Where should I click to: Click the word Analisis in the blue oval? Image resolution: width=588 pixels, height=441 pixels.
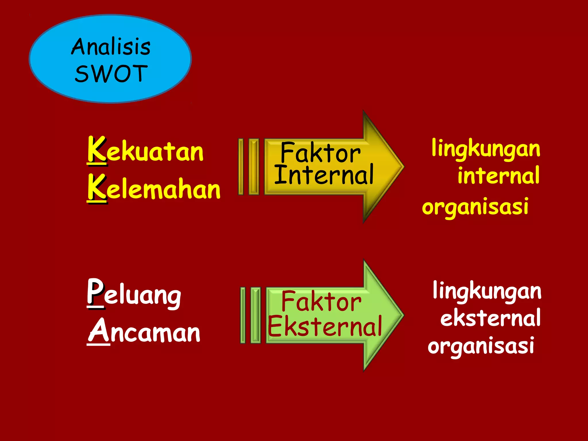111,47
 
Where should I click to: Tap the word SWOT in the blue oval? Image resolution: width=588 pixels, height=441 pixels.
111,73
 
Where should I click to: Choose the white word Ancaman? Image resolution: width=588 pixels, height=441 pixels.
144,332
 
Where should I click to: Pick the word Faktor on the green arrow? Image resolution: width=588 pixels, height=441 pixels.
321,301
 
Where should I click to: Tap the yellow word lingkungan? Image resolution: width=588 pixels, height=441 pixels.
486,149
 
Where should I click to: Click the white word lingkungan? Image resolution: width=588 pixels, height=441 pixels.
487,291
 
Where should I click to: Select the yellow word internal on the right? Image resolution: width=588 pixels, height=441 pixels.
499,175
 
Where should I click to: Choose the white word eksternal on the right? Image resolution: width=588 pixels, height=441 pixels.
490,318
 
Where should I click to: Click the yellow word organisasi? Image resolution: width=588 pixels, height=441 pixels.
475,206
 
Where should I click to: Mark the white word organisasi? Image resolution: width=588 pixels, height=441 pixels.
481,346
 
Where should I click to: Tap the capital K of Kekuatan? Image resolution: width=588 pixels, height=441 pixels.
97,150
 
